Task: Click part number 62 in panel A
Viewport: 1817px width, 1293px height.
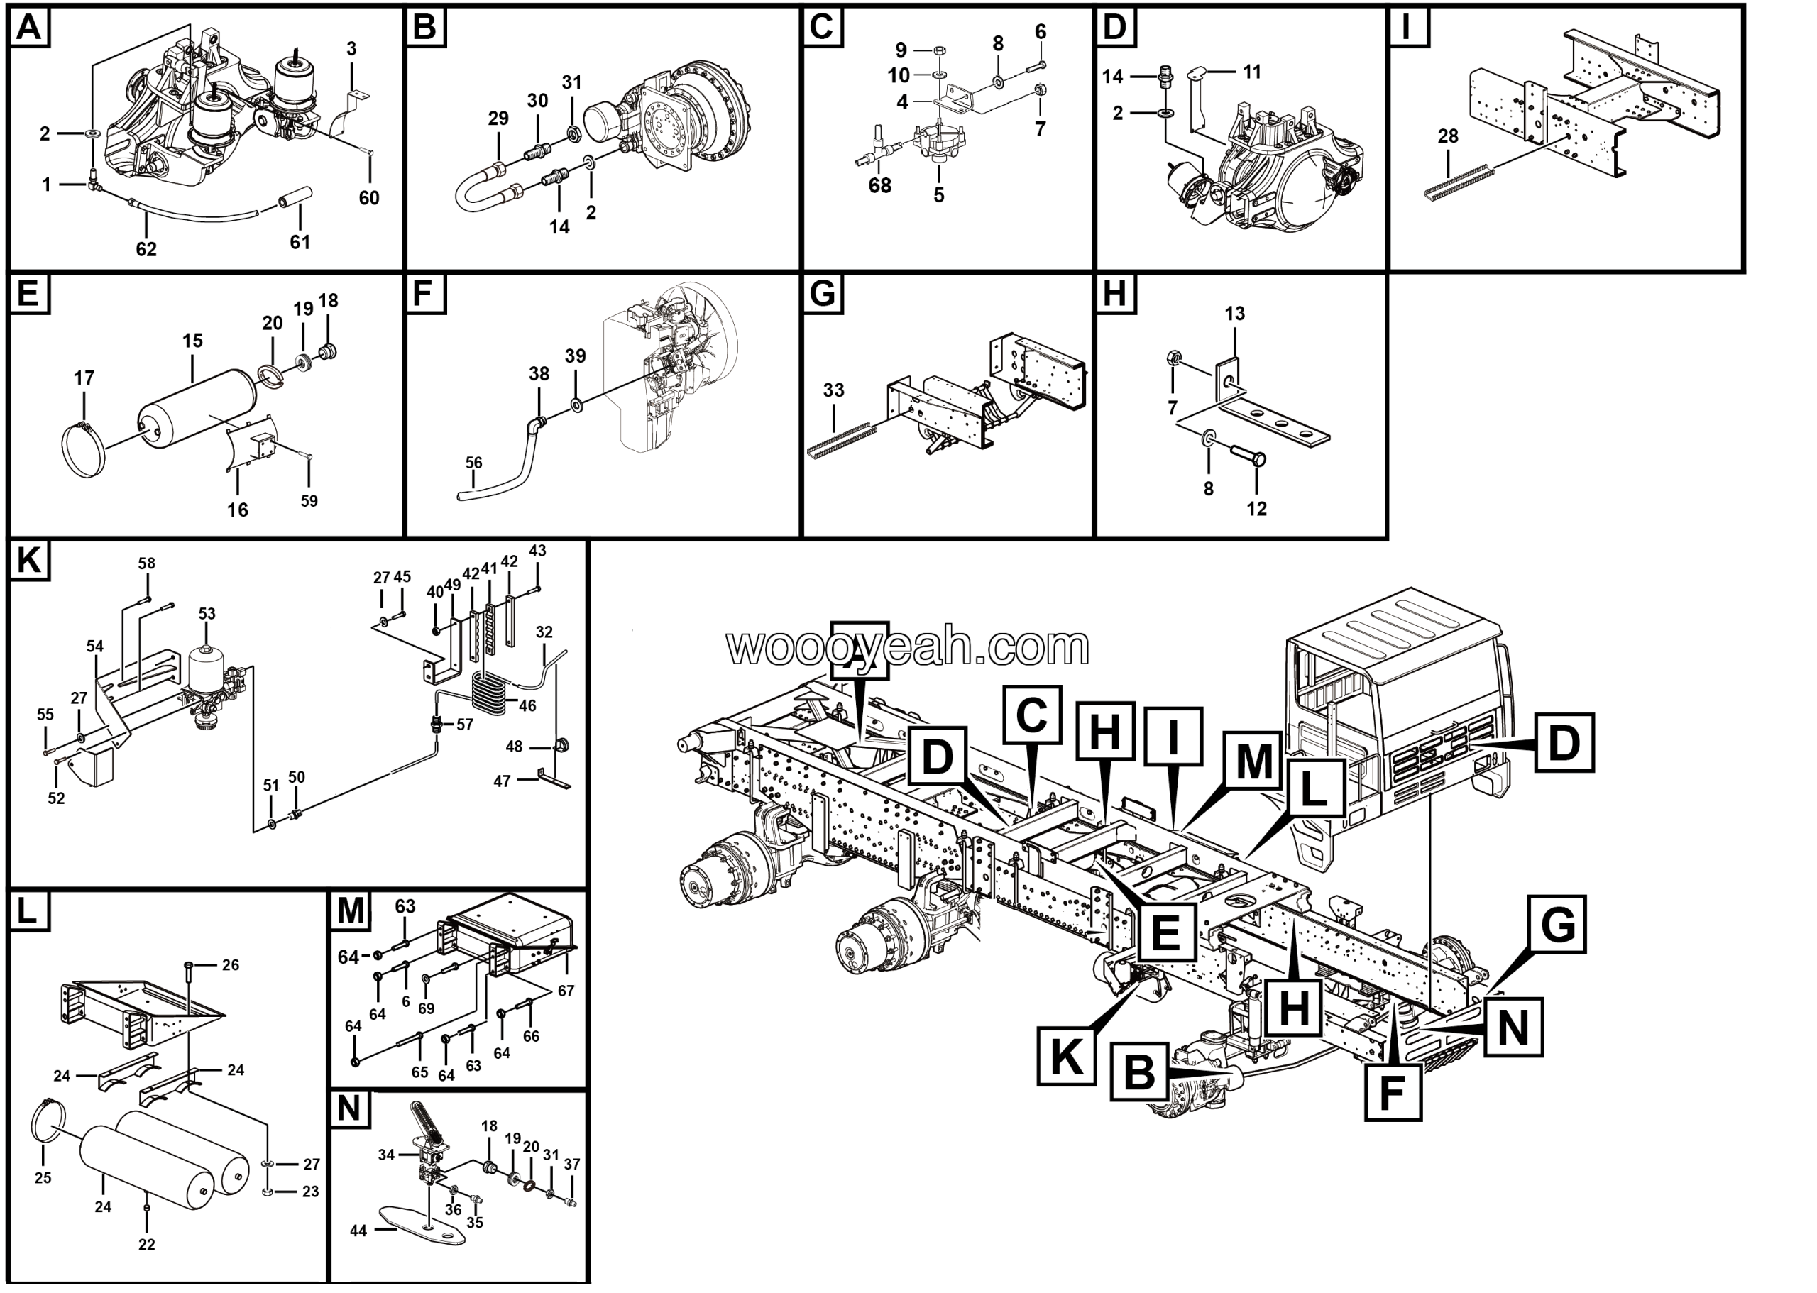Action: (x=146, y=249)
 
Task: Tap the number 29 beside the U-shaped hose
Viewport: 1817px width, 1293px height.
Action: (x=498, y=119)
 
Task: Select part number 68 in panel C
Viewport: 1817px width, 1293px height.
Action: (x=880, y=185)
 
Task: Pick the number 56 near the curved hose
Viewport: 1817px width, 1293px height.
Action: (x=473, y=463)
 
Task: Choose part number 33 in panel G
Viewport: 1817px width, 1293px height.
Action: (x=834, y=390)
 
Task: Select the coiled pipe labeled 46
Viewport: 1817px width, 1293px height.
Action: (x=488, y=692)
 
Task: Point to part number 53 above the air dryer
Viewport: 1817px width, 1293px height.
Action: (x=207, y=614)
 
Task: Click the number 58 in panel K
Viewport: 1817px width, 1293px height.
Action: (x=146, y=563)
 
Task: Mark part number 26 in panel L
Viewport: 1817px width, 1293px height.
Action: (x=230, y=965)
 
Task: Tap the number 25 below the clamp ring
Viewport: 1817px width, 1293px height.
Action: (x=43, y=1177)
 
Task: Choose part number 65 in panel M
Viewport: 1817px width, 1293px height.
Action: (x=419, y=1072)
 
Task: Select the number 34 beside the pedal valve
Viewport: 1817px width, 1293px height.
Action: (x=386, y=1155)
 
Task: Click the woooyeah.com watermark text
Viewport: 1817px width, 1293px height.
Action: (x=908, y=647)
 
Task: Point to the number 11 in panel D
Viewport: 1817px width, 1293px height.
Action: (x=1252, y=72)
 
